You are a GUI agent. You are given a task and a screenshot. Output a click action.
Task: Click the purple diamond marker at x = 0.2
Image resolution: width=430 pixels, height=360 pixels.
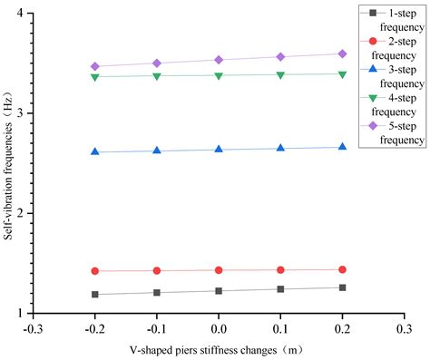click(342, 54)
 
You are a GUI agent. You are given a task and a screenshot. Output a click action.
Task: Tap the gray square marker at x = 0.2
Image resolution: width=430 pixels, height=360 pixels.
click(342, 287)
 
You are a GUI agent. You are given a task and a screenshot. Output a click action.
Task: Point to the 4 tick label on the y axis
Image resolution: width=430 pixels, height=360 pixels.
click(20, 13)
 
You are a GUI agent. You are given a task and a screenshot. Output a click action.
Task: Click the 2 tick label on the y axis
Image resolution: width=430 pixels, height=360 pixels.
click(20, 213)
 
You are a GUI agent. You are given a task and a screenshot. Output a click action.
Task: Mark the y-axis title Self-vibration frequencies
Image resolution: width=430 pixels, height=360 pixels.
click(7, 163)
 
